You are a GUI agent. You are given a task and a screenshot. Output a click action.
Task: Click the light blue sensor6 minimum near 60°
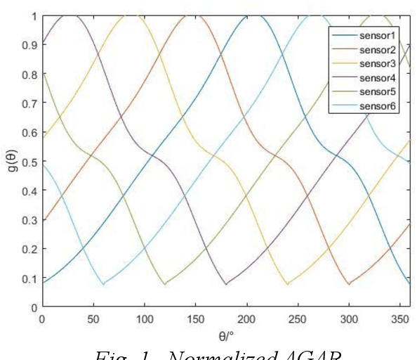pos(103,284)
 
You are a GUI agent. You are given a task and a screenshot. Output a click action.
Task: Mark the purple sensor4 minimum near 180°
pos(226,284)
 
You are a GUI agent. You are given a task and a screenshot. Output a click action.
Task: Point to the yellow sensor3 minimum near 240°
pos(288,284)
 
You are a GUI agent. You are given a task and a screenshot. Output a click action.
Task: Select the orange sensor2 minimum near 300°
pos(349,284)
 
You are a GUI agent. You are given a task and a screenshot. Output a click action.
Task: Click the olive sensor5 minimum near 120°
pos(165,284)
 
